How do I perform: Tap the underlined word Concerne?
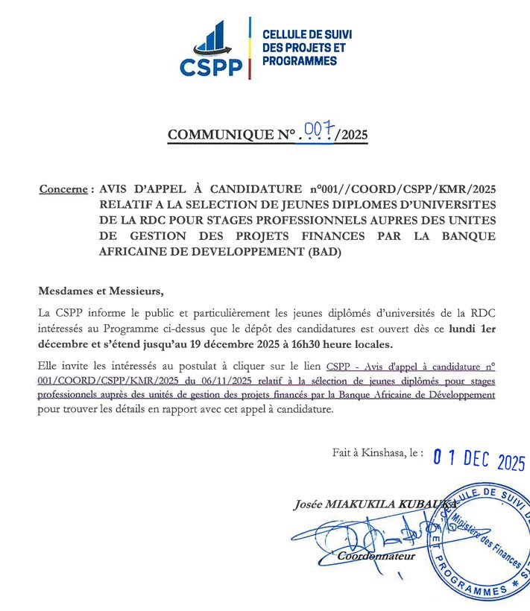[x=63, y=189]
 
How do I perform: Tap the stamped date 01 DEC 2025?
[x=479, y=461]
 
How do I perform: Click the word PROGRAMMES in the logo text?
[x=300, y=60]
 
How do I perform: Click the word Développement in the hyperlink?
[x=457, y=395]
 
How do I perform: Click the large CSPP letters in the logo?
[x=211, y=66]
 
